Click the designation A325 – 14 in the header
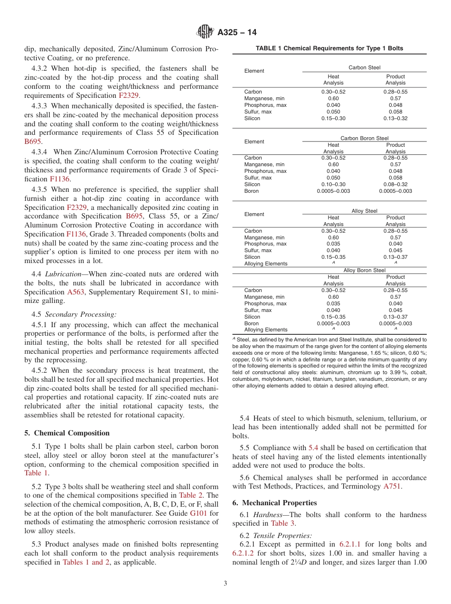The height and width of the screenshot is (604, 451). [x=237, y=33]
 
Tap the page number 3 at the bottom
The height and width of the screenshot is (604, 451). [x=225, y=584]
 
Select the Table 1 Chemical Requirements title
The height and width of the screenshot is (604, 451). [x=329, y=48]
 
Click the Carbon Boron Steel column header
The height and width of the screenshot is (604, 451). [x=364, y=138]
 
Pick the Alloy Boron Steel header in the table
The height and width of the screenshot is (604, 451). [x=364, y=270]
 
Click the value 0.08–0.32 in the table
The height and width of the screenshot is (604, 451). [x=395, y=184]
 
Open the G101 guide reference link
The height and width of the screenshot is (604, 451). [x=198, y=513]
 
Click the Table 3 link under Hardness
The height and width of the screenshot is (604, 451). [x=283, y=523]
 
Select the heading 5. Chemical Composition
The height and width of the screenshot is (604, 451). [x=67, y=433]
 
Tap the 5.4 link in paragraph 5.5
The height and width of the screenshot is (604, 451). [x=314, y=448]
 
